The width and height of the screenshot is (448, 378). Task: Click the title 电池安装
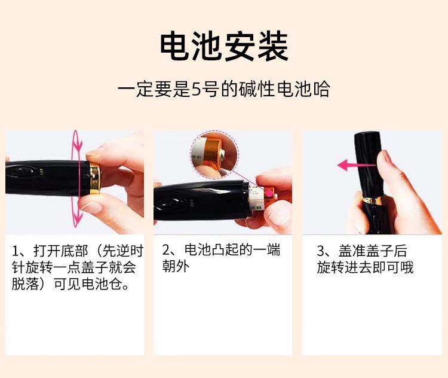tap(224, 47)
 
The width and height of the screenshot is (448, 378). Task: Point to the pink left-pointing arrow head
tap(343, 165)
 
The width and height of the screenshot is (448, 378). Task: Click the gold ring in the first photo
tap(95, 178)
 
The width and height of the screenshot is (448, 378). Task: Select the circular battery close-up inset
tap(214, 155)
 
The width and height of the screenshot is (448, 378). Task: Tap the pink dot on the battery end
tap(269, 194)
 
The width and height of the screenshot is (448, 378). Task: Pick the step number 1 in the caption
tap(16, 251)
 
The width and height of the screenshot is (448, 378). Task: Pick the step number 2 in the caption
tap(166, 249)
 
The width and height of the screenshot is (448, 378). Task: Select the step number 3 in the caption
tap(321, 251)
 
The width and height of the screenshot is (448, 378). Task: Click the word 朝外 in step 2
tap(176, 266)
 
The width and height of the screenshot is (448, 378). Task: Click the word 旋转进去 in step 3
tap(344, 268)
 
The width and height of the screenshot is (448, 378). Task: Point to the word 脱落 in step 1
tap(26, 284)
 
